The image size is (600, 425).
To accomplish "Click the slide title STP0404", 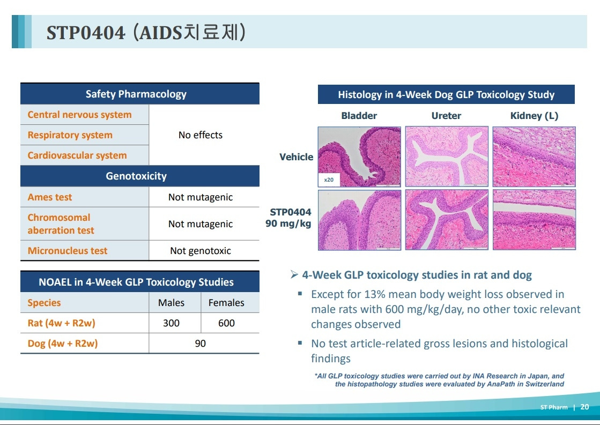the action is tap(86, 33).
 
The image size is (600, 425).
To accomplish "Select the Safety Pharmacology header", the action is tap(136, 94).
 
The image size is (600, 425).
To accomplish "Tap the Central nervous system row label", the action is tap(79, 115).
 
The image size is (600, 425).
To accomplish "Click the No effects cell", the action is tap(201, 135).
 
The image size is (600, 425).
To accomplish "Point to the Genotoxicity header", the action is tap(136, 176).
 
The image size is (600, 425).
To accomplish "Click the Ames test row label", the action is tap(50, 197).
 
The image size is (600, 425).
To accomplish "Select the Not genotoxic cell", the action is tap(201, 251).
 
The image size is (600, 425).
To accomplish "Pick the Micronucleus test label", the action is tap(68, 251).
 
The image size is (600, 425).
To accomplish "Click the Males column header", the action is tap(172, 303).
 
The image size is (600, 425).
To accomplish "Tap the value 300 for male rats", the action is tap(172, 323).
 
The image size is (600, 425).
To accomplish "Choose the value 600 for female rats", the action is tap(226, 323).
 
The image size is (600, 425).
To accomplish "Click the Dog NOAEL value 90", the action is tap(201, 344).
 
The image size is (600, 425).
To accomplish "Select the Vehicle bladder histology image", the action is tap(359, 157).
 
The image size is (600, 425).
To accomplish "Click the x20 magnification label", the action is tap(329, 180).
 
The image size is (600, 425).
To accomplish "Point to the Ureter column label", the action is tap(446, 116).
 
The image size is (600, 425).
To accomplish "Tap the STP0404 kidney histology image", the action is tap(534, 220).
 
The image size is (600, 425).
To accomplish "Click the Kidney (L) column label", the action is tap(534, 116).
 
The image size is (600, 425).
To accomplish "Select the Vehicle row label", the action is tap(296, 157).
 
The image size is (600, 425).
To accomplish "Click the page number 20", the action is tap(584, 407).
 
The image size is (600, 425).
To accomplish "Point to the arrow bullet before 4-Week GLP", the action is tap(294, 274).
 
